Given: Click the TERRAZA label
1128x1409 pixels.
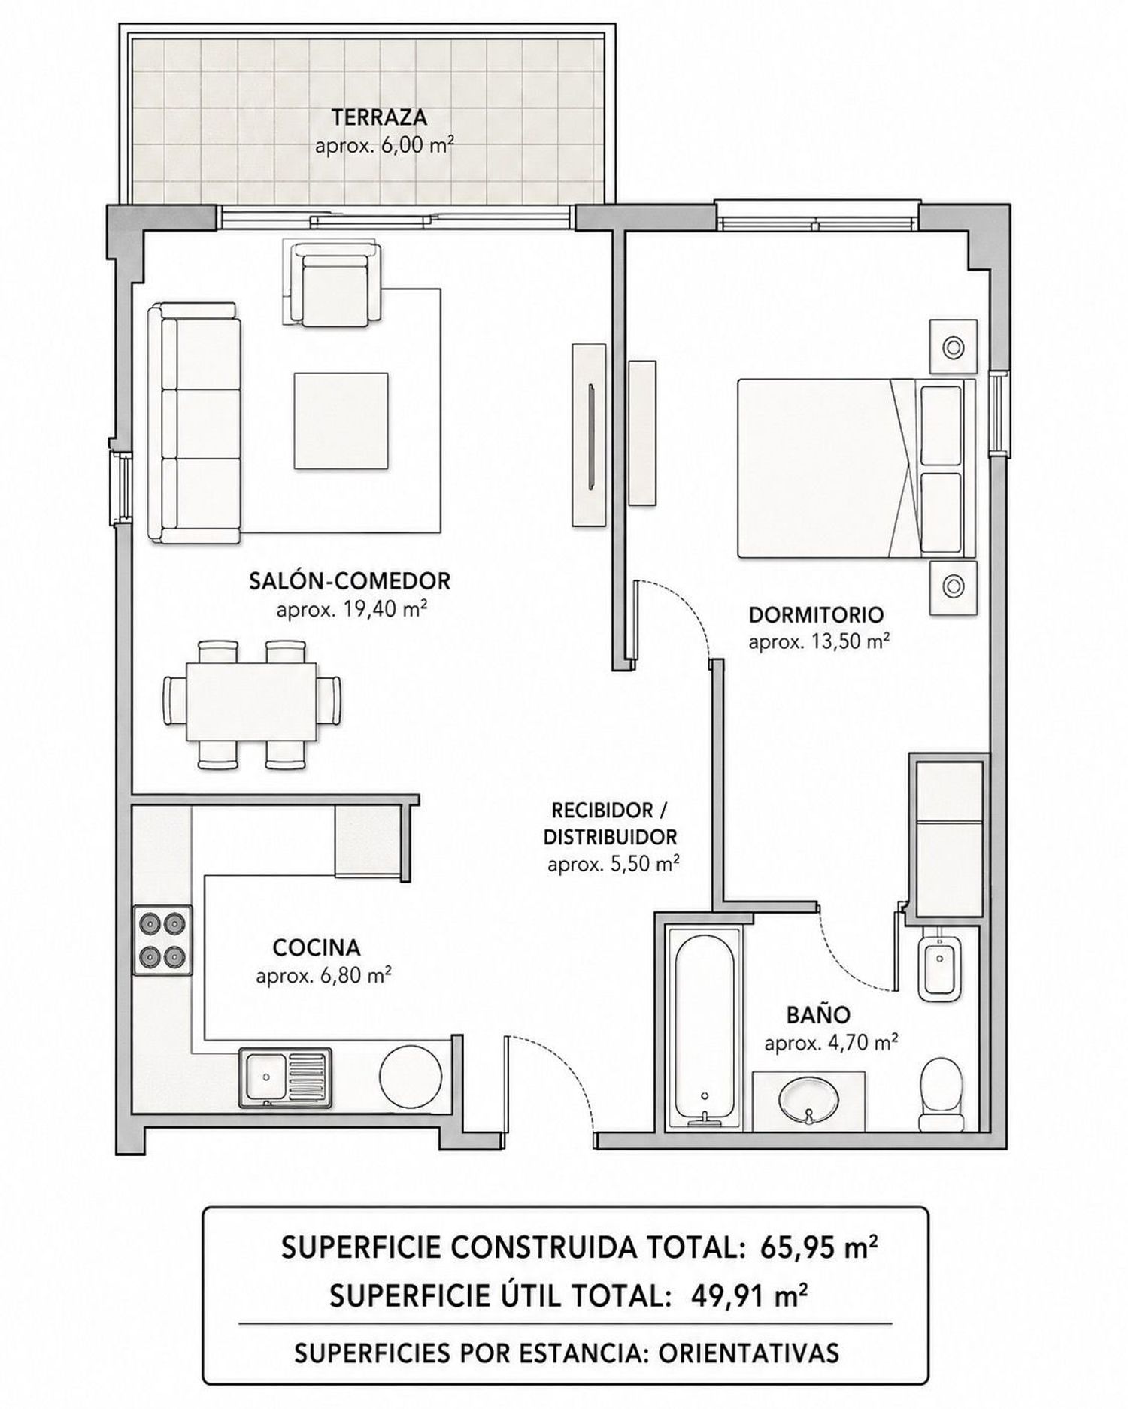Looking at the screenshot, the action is (x=379, y=117).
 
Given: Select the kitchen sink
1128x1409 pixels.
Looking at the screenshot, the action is (x=285, y=1078).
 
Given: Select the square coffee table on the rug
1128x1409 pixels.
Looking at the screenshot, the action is (x=341, y=421).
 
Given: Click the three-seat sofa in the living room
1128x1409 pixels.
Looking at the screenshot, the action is (x=194, y=423).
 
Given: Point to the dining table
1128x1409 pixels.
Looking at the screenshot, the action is (x=251, y=703).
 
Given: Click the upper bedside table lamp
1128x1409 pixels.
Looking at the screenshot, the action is (x=954, y=347).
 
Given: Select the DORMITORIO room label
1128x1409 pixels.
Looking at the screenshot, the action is (x=816, y=614).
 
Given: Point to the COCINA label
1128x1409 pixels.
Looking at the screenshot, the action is (x=317, y=948).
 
